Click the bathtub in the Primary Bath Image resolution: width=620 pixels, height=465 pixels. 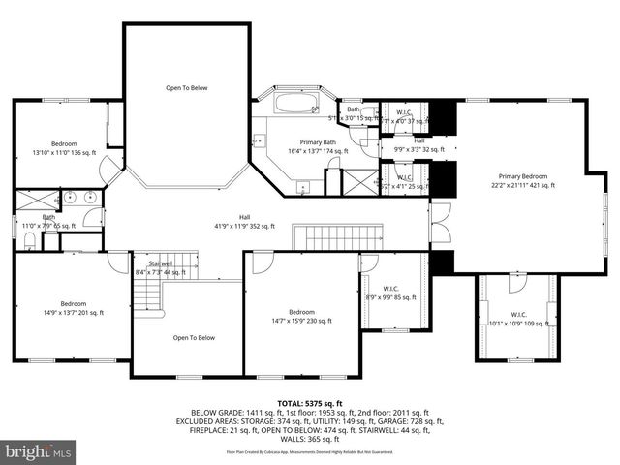(299, 103)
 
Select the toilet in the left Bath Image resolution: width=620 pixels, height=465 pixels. (30, 237)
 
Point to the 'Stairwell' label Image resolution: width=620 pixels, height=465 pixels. (160, 264)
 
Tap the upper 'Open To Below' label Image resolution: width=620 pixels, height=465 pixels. (185, 88)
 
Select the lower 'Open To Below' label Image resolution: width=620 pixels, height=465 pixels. (193, 338)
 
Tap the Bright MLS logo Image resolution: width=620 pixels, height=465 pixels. (38, 451)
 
